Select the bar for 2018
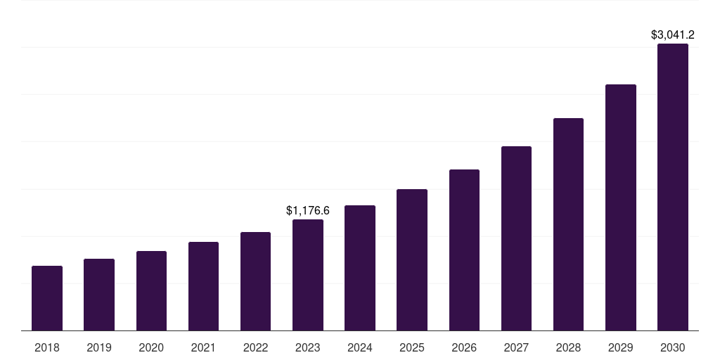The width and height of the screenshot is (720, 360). tap(47, 298)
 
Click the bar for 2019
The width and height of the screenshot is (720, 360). tap(99, 295)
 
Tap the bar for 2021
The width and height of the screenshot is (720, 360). tap(203, 286)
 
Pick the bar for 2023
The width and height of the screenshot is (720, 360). tap(308, 275)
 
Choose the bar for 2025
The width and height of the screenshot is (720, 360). tap(412, 259)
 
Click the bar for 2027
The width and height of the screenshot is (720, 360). tap(516, 238)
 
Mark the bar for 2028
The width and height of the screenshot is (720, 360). tap(568, 224)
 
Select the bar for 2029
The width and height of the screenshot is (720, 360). tap(620, 207)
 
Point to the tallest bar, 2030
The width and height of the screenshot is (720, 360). tap(673, 187)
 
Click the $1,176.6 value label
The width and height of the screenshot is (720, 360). tap(308, 210)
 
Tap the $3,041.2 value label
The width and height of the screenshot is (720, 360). tap(673, 34)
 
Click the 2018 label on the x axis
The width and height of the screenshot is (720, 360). tap(47, 347)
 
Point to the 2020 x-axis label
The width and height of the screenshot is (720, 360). tap(151, 347)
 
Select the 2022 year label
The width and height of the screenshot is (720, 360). tap(255, 347)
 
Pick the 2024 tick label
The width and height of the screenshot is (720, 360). tap(360, 347)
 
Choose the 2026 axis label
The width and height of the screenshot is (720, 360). tap(464, 347)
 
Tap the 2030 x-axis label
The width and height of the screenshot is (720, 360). tap(673, 347)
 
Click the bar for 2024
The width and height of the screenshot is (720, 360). tap(360, 268)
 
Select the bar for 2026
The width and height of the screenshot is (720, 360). tap(464, 250)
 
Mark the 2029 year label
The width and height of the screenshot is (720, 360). tap(620, 347)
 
